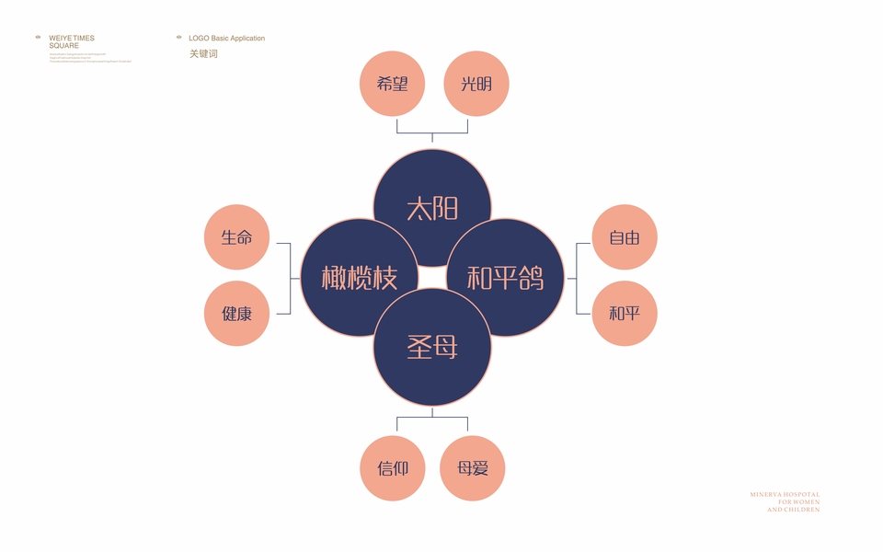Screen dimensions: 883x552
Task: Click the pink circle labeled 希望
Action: (392, 84)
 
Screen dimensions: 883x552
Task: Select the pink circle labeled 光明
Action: (476, 84)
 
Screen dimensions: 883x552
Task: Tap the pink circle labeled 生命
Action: (236, 237)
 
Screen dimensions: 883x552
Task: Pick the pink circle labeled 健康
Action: (236, 313)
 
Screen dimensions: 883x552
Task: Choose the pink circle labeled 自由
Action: (625, 237)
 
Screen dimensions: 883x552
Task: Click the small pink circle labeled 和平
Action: (625, 313)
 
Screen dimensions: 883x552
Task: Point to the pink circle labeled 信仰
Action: (393, 468)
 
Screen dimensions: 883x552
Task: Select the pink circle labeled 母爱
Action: (473, 468)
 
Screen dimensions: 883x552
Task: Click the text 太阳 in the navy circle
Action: (432, 209)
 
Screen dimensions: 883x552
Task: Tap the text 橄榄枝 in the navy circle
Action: (360, 278)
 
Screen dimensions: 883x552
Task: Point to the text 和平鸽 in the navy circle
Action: (505, 278)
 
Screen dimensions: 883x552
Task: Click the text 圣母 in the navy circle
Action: (432, 348)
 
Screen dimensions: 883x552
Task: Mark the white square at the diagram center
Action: (432, 278)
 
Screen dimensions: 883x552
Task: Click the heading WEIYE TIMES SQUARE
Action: (71, 41)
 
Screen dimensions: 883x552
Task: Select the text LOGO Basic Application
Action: (226, 39)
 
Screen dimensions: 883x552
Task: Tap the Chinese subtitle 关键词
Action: (203, 53)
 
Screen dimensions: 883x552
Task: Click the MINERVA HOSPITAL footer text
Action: (784, 501)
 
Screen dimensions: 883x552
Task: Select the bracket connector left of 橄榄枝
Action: (290, 278)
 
